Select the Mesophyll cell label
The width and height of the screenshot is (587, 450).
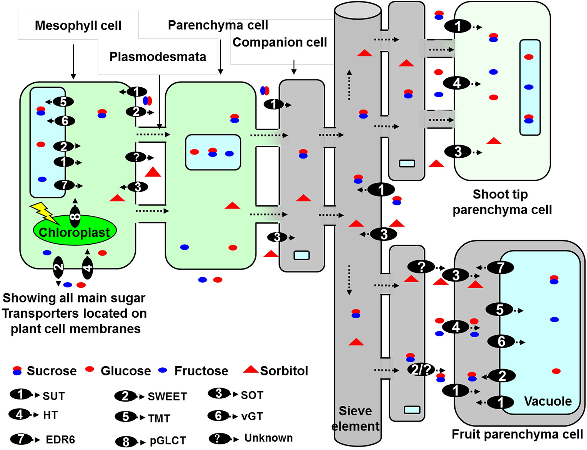tap(78, 25)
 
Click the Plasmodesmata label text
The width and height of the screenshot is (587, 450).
tap(158, 57)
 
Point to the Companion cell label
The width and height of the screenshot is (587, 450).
tap(279, 42)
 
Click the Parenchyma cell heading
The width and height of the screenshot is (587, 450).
tap(218, 25)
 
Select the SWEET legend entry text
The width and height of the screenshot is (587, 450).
tap(167, 397)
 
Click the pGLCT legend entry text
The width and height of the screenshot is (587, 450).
tap(168, 440)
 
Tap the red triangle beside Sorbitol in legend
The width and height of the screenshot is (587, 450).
tap(251, 370)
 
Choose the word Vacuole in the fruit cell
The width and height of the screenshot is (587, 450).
tap(548, 401)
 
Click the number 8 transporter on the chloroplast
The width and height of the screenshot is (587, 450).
tap(75, 217)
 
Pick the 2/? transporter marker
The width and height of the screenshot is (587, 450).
tap(421, 370)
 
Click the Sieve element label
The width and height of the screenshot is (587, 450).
tap(355, 418)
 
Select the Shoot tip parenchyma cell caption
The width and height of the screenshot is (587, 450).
tap(502, 202)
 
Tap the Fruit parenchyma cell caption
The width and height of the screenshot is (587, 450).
tap(517, 434)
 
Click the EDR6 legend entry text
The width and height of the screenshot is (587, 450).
tap(60, 439)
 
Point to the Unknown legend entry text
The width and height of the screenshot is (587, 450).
tap(268, 438)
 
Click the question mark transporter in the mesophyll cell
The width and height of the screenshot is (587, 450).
tap(136, 157)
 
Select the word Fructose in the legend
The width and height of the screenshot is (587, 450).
tap(201, 371)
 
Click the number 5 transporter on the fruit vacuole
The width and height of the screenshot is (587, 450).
tap(500, 310)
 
